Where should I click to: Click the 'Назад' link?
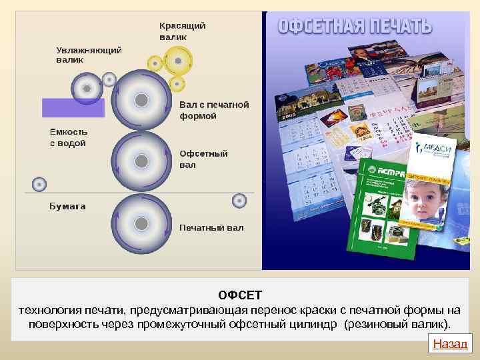click(x=451, y=344)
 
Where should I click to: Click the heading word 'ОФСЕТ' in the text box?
click(x=240, y=295)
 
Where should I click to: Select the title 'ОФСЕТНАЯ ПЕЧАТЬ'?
click(x=354, y=27)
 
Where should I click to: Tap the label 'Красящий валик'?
click(x=182, y=31)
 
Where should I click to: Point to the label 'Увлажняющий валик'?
click(x=89, y=55)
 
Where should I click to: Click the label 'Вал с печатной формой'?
click(x=214, y=110)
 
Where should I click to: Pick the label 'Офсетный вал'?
click(x=203, y=159)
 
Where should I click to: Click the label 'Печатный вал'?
click(x=211, y=227)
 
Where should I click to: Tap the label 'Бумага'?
click(x=67, y=206)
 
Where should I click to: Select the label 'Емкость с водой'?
click(x=68, y=137)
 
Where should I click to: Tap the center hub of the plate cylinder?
click(x=141, y=101)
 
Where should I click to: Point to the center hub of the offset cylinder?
click(x=141, y=161)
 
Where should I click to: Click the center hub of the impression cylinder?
click(x=141, y=223)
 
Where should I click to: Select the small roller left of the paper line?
click(x=39, y=183)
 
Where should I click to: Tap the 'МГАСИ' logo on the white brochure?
click(x=433, y=149)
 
